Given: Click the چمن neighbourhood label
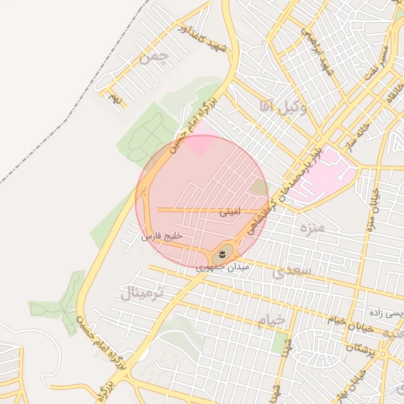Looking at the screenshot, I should click(x=154, y=57).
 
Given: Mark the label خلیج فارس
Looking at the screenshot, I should click(x=162, y=236).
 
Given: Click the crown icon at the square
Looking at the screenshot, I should click(x=223, y=254).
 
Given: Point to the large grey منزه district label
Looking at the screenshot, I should click(x=313, y=228).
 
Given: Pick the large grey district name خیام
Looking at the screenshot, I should click(x=270, y=320).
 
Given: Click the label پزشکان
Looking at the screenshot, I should click(x=360, y=348).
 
